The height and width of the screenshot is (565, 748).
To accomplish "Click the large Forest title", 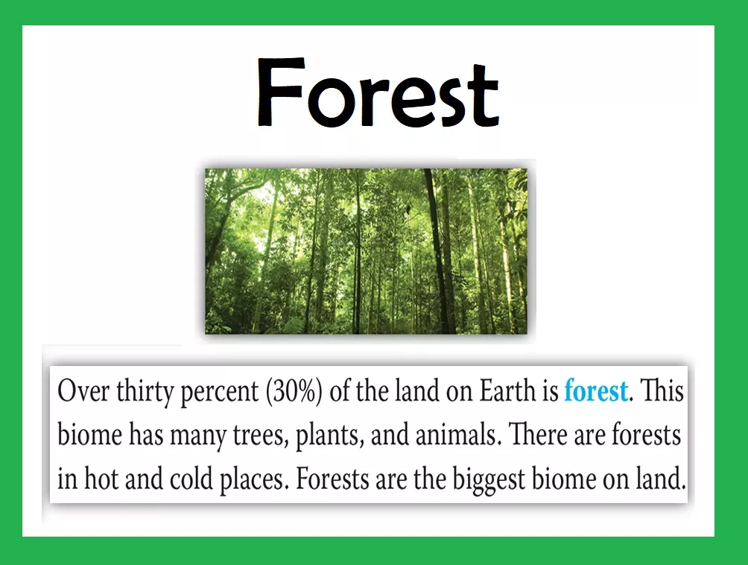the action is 378,92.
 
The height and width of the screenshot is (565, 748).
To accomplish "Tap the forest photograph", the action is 367,251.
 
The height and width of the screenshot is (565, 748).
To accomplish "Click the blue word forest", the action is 596,391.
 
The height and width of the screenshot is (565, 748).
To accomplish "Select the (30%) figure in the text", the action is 291,392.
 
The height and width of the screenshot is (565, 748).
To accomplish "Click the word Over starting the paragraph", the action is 83,391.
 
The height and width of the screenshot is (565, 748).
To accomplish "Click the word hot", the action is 101,479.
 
